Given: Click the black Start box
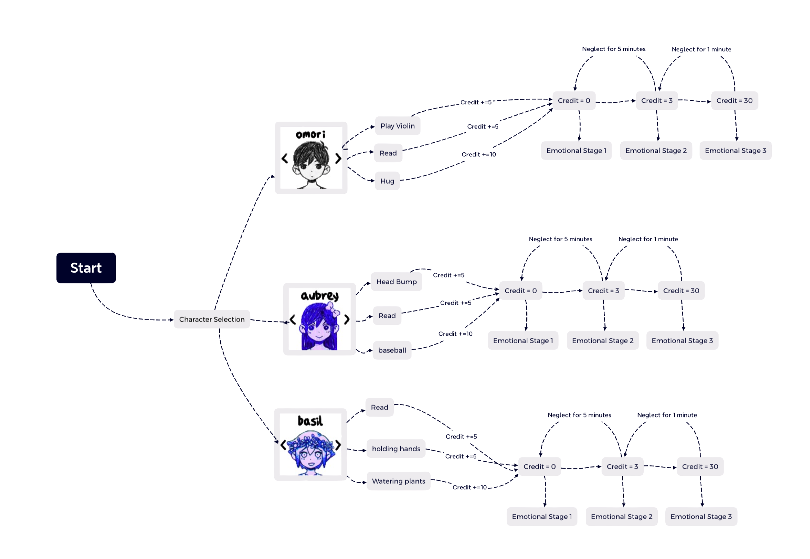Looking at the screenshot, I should [x=86, y=268].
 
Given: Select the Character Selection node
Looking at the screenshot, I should [x=212, y=319].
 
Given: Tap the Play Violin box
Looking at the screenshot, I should [x=397, y=126].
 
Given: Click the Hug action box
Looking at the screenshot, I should [x=387, y=181].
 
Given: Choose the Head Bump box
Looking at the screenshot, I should [x=396, y=282].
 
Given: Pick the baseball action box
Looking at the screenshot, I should [x=392, y=350].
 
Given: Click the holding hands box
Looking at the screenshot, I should [x=396, y=449].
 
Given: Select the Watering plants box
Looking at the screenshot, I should [x=399, y=481].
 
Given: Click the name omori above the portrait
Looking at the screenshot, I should [x=311, y=135].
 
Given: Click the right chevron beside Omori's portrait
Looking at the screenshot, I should [x=338, y=158].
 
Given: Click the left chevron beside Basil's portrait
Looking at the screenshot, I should [x=283, y=445].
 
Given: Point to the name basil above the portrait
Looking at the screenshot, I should [x=310, y=421].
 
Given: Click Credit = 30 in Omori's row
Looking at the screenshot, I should [x=734, y=101].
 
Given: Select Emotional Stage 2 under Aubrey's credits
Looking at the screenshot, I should [x=603, y=341].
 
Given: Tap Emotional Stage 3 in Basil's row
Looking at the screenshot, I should [x=701, y=516].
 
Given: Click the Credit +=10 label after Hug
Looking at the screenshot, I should [x=478, y=155].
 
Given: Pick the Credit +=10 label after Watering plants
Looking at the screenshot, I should [x=469, y=487].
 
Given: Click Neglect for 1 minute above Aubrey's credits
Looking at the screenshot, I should [x=648, y=239].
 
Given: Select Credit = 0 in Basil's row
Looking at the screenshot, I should [x=539, y=467].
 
